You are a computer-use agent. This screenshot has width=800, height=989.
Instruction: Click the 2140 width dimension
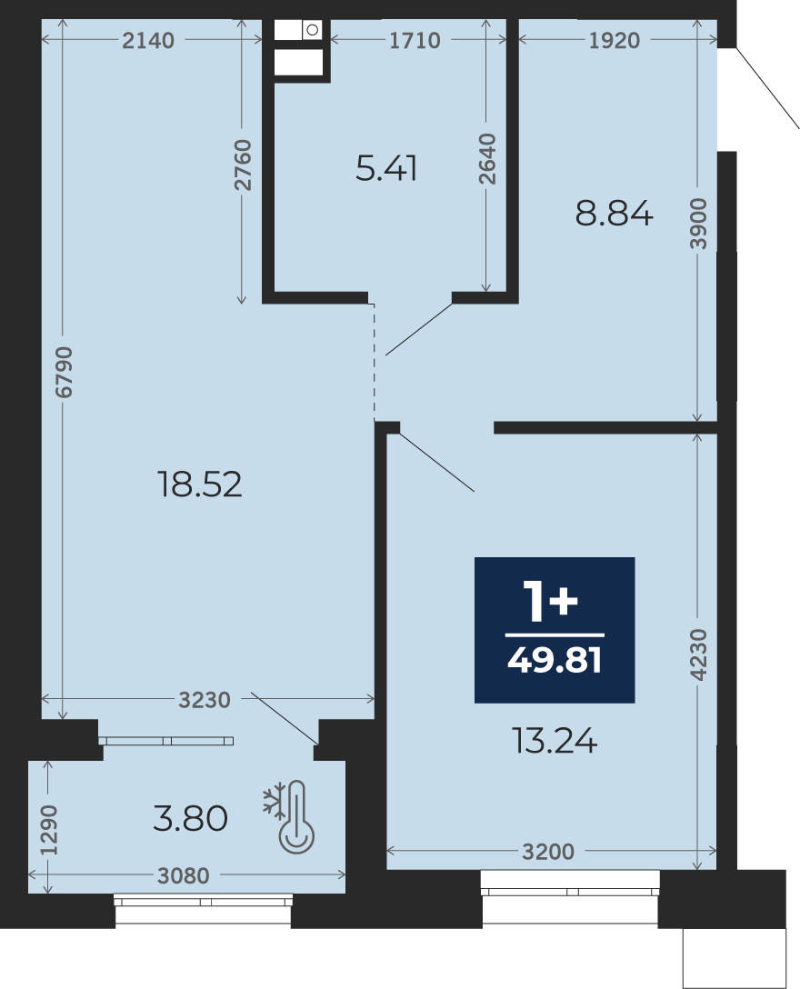point(148,40)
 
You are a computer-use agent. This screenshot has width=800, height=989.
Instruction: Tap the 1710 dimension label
point(415,40)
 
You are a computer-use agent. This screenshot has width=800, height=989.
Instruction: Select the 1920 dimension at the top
point(614,40)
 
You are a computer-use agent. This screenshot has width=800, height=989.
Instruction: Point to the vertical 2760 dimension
point(242,165)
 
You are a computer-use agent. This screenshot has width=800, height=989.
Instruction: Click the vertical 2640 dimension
point(487,159)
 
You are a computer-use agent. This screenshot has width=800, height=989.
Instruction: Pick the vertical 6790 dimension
point(64,372)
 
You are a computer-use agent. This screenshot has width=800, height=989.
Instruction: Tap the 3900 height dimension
point(698,224)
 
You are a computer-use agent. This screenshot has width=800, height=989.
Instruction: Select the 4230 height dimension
point(698,654)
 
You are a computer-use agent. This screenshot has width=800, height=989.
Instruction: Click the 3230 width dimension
point(205,700)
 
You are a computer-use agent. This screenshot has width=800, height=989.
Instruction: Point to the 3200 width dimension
point(548,852)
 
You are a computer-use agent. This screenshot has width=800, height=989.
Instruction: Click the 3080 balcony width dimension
point(183,875)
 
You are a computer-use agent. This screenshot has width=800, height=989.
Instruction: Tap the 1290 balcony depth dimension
point(48,830)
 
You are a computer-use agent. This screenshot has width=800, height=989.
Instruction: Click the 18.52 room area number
point(199,485)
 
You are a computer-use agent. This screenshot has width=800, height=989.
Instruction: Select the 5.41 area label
point(386,169)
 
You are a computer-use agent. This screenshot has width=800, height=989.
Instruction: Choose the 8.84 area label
point(614,214)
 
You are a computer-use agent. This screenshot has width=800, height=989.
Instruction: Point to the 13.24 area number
point(555,741)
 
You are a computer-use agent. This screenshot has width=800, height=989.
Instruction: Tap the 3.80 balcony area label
point(190,819)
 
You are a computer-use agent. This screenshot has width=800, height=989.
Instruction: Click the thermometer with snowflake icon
point(289,817)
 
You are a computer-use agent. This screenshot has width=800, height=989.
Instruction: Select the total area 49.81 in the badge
point(555,660)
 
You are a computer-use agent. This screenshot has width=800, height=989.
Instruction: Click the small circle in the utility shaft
point(312,30)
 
